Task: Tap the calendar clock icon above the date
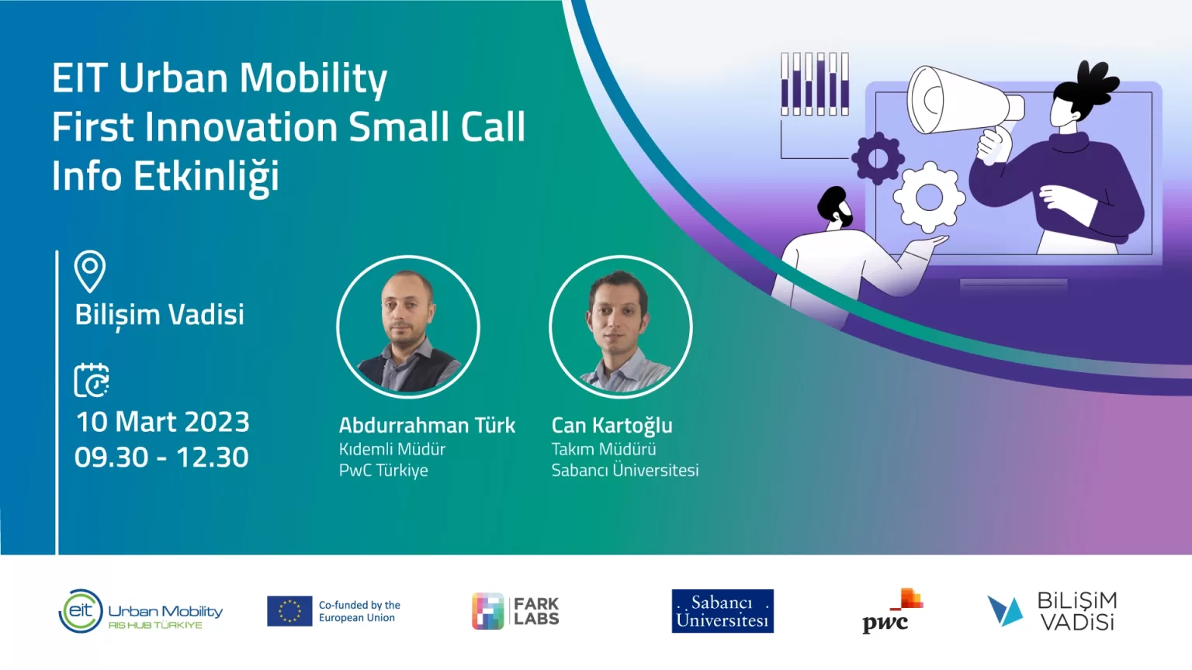[x=92, y=380]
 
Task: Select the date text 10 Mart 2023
[x=162, y=422]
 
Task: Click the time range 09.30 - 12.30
[x=161, y=458]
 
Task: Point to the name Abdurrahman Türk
[x=428, y=426]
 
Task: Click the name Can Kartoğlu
[x=612, y=426]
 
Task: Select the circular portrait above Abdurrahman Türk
[x=408, y=327]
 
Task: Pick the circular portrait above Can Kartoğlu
[x=621, y=327]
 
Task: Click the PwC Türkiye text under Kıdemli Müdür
[x=383, y=471]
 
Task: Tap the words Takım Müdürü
[x=604, y=449]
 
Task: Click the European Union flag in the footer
[x=289, y=611]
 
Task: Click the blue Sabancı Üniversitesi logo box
[x=722, y=611]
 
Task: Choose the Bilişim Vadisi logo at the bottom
[x=1052, y=612]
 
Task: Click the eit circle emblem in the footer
[x=81, y=611]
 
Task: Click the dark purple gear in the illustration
[x=878, y=158]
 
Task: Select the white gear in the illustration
[x=929, y=197]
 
